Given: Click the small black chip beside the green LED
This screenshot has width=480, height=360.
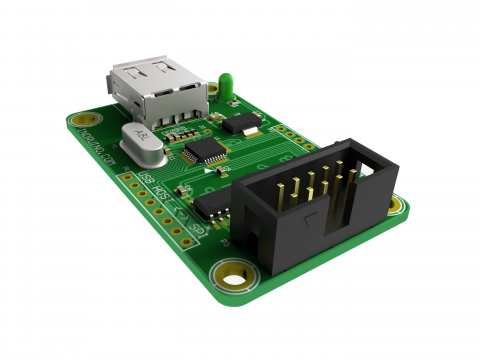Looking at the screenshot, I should click(x=241, y=124).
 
